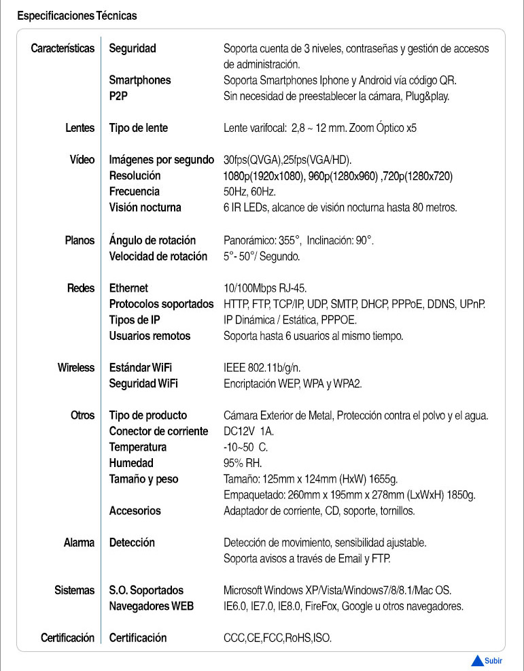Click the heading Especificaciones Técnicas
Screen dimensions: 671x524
tap(77, 15)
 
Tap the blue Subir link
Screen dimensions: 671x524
tap(494, 660)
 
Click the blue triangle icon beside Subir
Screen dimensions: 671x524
tap(478, 660)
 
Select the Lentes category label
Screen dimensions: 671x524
tap(80, 128)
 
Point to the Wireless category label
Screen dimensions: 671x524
tap(76, 368)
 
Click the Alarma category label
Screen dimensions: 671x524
tap(79, 543)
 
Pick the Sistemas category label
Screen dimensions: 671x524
tap(75, 590)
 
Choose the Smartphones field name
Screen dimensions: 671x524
tap(140, 80)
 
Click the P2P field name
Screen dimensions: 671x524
tap(119, 96)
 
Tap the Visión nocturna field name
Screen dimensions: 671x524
tap(145, 207)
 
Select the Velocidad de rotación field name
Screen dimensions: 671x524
tap(158, 256)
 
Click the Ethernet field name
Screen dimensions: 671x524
tap(128, 288)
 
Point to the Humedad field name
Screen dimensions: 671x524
tap(131, 463)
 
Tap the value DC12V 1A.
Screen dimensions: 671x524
tap(249, 431)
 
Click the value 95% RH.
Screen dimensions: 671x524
tap(242, 463)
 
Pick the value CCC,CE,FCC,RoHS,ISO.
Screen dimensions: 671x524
tap(277, 638)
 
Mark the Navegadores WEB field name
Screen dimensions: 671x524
tap(152, 606)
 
